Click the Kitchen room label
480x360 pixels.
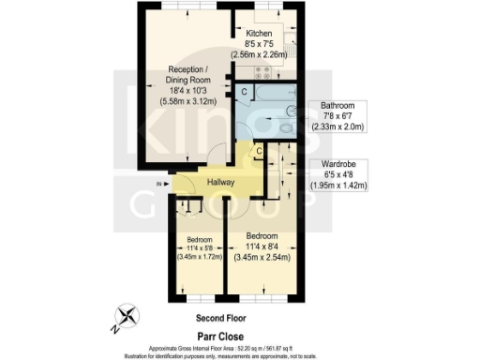coord(260,33)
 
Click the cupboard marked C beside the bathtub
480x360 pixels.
coord(243,92)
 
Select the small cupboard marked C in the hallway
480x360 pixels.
coord(259,151)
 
